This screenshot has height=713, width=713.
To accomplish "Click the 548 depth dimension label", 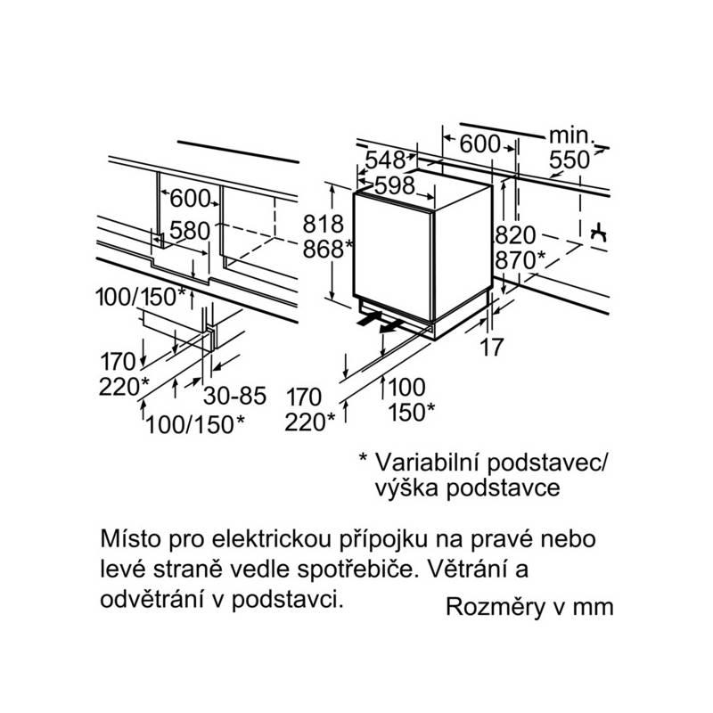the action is (385, 160).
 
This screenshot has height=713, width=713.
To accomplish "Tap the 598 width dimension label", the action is (395, 185).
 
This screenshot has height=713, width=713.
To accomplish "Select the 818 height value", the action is (324, 224).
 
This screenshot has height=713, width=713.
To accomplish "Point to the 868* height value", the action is (328, 249).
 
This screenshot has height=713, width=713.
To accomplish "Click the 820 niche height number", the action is (516, 235).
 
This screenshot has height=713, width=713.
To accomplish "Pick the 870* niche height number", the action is (520, 260).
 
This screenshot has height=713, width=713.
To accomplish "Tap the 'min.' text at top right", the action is (571, 135).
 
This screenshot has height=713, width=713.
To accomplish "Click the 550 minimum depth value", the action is (570, 160).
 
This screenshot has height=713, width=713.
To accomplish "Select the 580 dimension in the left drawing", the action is (190, 231).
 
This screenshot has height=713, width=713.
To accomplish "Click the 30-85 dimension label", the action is (234, 396).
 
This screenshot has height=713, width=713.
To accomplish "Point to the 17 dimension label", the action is (492, 348).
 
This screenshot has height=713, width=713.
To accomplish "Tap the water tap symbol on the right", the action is (599, 233).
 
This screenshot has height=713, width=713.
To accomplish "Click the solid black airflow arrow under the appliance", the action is (370, 318).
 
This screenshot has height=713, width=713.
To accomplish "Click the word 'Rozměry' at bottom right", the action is (496, 607).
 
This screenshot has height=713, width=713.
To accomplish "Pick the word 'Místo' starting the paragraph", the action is (130, 539).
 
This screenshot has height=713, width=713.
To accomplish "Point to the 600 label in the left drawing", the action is (190, 198).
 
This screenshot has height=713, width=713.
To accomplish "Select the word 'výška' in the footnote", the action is (406, 488).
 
